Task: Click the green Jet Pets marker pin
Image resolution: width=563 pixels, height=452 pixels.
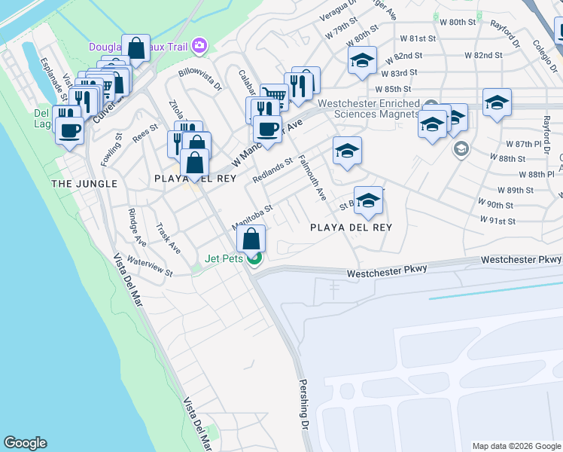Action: click(x=255, y=260)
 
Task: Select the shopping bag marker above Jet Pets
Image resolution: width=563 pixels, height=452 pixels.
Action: click(x=251, y=239)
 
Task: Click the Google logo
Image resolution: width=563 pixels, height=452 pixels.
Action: click(x=25, y=443)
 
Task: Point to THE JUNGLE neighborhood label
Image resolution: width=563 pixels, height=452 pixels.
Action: click(x=84, y=184)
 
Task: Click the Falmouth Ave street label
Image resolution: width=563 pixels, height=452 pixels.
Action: click(x=312, y=178)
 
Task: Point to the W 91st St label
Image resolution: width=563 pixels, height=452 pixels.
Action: click(x=498, y=221)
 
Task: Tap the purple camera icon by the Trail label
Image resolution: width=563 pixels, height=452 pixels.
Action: click(x=199, y=46)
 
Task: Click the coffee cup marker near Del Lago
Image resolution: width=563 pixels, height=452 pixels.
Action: click(x=70, y=130)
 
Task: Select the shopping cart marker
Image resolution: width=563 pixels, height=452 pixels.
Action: click(x=275, y=96)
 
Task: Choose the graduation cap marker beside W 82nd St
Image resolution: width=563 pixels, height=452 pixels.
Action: click(x=362, y=61)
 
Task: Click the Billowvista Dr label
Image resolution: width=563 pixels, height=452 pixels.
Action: click(x=200, y=80)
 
